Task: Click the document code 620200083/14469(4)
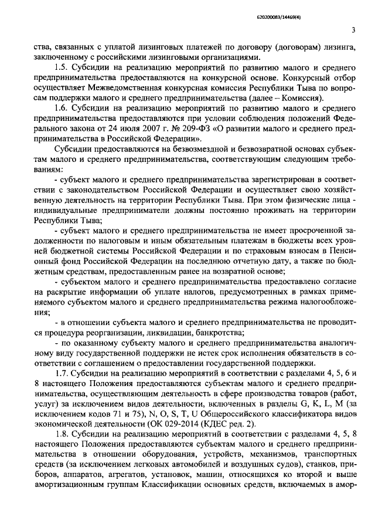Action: coord(325,19)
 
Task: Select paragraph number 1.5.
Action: coord(60,68)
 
